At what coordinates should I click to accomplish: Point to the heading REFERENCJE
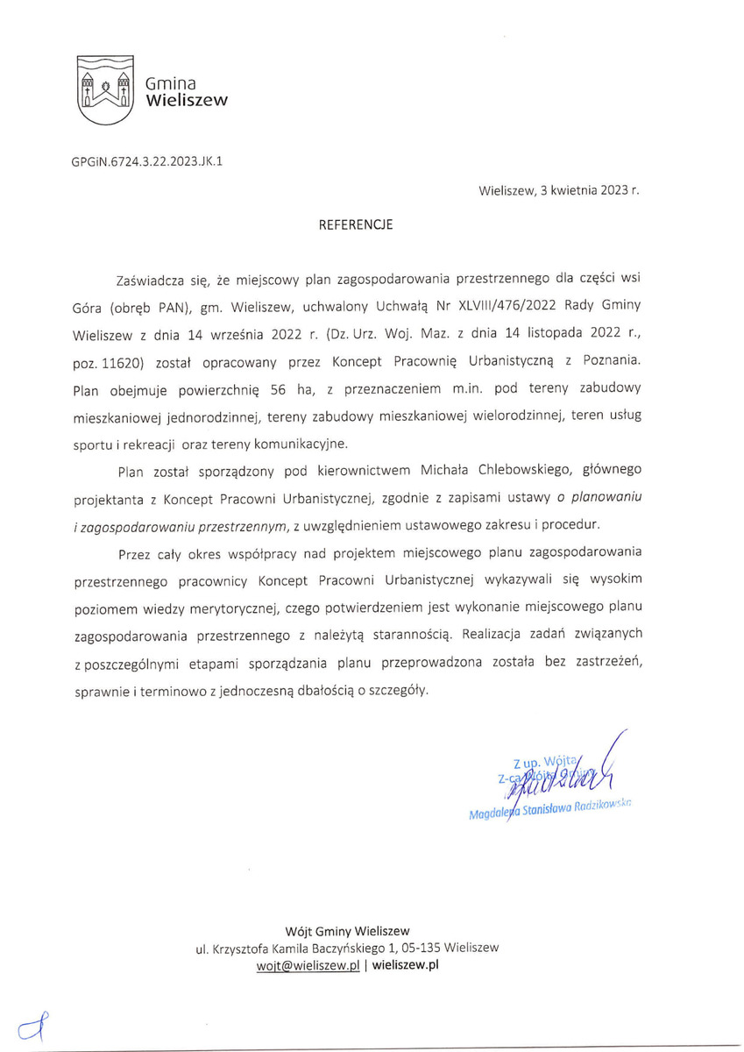pos(356,225)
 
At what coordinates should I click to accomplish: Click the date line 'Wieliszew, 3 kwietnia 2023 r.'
pos(559,190)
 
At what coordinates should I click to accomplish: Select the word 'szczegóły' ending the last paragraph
pos(400,690)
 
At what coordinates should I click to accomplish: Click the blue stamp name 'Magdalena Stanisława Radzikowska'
pos(549,813)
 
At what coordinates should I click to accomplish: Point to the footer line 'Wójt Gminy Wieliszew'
pos(348,930)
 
